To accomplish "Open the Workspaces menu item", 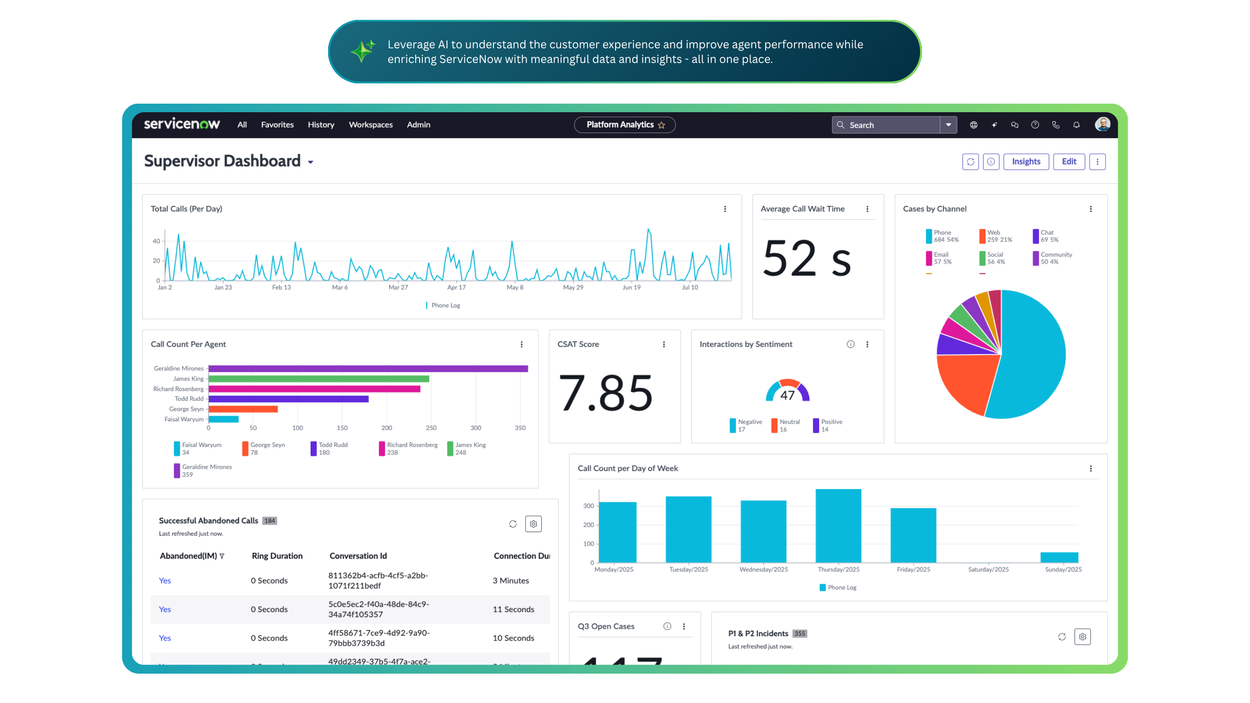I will click(371, 125).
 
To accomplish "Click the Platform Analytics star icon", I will click(661, 125).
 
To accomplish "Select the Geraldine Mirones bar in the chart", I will click(368, 369).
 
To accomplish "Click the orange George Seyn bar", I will click(243, 409).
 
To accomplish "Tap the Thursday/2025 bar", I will click(838, 526).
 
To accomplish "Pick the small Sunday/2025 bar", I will click(1059, 557).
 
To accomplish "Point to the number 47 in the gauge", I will click(787, 395).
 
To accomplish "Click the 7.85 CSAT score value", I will click(606, 392).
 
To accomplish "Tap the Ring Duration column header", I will click(277, 556).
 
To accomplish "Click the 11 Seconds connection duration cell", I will click(513, 609).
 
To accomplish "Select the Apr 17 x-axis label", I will click(456, 287).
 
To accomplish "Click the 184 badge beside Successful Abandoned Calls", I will click(269, 521).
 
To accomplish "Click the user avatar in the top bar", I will click(1102, 124).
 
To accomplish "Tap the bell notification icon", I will click(1076, 125).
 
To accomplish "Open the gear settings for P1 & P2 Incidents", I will click(1082, 637).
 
